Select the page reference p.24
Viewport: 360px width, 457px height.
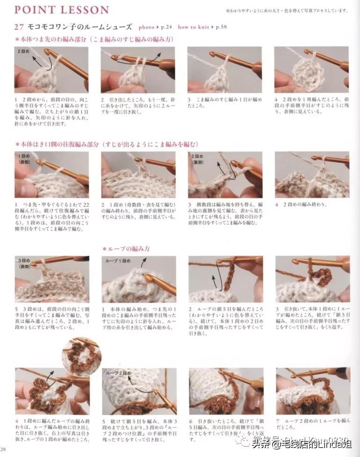tap(166, 28)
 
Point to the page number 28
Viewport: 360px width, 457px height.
tap(4, 450)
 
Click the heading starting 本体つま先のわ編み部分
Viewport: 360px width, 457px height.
tap(94, 39)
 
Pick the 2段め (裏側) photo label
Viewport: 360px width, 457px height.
tap(198, 158)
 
